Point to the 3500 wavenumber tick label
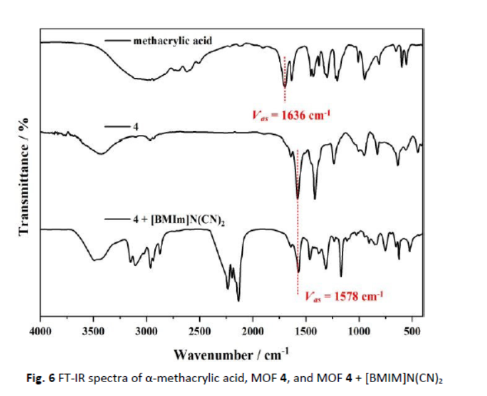pos(93,329)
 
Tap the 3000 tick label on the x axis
pos(146,329)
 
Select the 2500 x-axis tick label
pos(199,329)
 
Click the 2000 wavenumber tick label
pos(252,329)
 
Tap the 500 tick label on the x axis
pos(412,329)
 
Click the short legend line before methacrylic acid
pos(118,40)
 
